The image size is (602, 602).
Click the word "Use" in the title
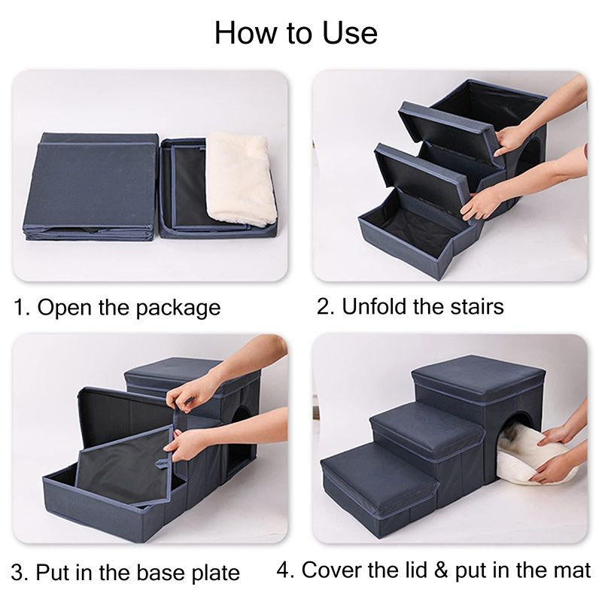tap(349, 33)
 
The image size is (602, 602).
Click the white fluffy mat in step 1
tap(241, 178)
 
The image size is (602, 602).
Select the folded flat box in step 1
tap(91, 187)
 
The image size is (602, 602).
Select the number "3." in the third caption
tap(20, 573)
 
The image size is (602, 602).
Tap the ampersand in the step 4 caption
tap(441, 570)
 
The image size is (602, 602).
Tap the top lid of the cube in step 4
tap(479, 378)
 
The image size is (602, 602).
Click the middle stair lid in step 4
tap(427, 428)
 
